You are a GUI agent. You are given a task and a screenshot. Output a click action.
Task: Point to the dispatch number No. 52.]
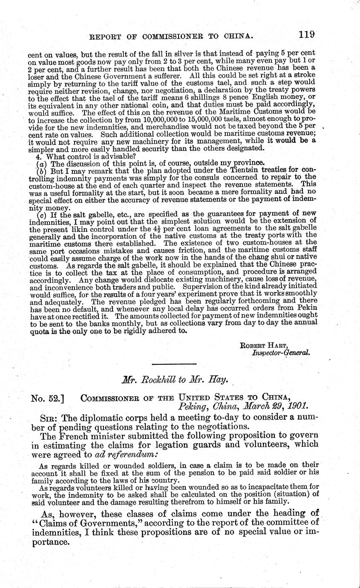click(x=48, y=399)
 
